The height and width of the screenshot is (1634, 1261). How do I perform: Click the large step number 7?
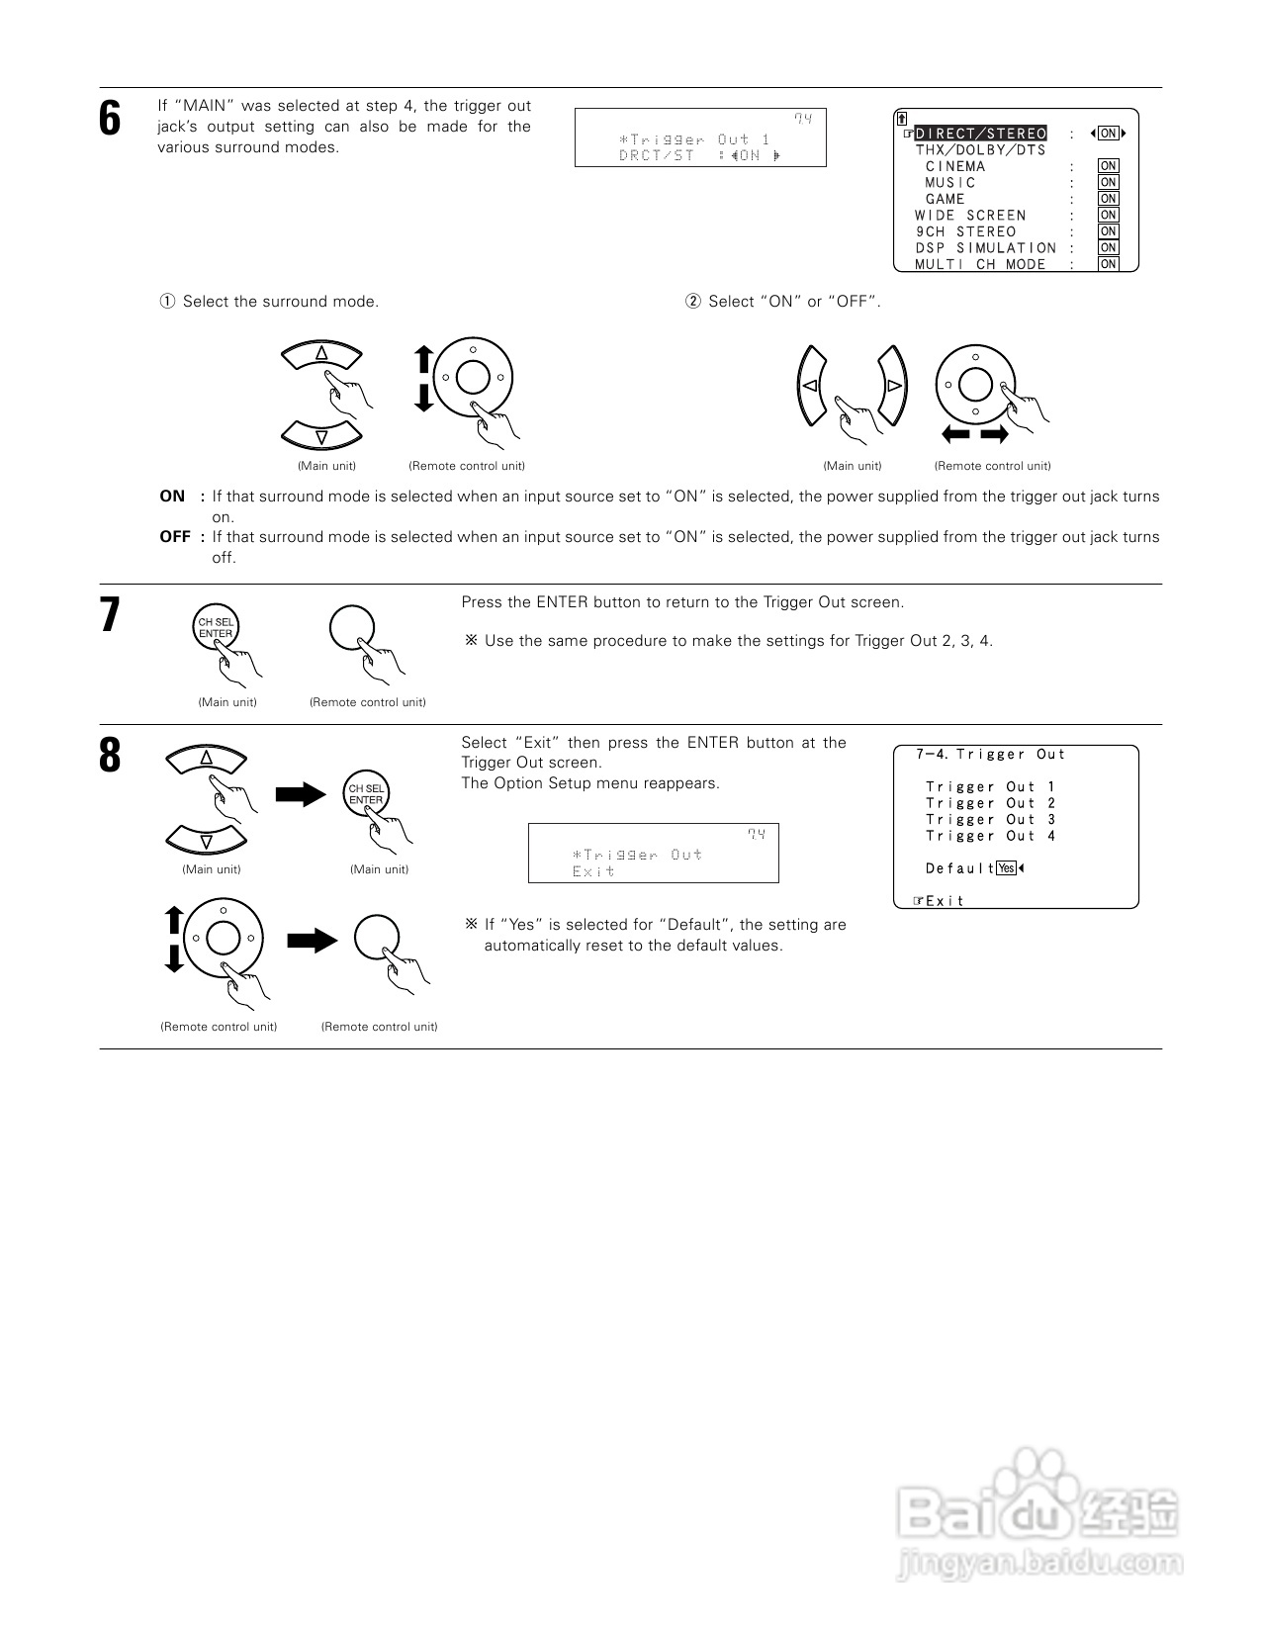110,615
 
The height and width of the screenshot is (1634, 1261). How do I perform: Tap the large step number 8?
110,756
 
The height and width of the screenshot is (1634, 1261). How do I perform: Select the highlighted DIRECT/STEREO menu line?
980,134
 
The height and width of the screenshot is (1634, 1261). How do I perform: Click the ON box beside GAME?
1108,199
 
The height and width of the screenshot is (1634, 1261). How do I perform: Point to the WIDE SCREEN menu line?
970,216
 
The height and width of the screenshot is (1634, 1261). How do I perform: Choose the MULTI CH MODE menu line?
980,264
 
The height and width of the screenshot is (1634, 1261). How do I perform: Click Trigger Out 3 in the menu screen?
990,820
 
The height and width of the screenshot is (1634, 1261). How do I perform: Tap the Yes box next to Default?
1006,868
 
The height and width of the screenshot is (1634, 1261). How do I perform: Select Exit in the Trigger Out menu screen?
944,901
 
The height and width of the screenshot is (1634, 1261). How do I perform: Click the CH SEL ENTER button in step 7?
216,628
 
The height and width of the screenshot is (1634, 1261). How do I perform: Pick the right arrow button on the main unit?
893,385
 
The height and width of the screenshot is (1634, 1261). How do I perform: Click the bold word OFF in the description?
174,537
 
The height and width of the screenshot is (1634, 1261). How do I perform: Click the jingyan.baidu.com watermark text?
1038,1564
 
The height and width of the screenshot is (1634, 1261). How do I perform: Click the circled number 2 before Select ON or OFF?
692,302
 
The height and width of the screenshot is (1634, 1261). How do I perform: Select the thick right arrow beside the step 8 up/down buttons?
301,793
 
